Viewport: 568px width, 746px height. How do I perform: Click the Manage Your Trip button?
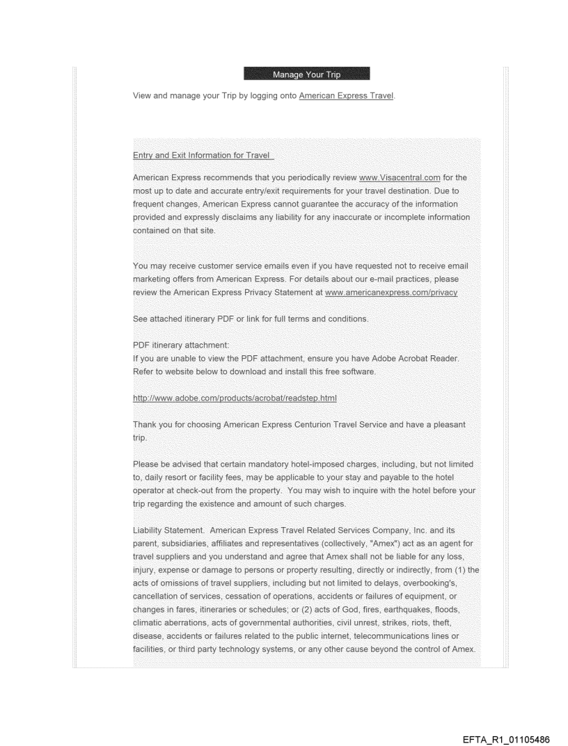click(x=306, y=74)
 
